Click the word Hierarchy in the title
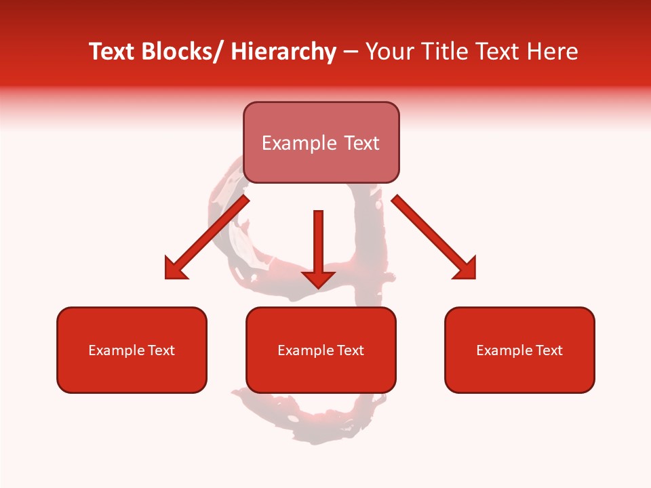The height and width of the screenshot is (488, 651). (283, 52)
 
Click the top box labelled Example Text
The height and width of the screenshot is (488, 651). (321, 142)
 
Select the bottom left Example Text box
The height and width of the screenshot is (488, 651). (132, 350)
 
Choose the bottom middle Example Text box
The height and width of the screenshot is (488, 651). (321, 350)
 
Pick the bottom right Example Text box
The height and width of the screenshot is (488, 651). (519, 350)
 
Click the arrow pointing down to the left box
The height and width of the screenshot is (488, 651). (207, 238)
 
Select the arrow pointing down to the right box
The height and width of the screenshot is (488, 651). (434, 237)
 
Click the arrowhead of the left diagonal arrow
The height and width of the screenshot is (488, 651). (174, 269)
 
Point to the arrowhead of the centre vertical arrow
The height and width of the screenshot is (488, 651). (318, 279)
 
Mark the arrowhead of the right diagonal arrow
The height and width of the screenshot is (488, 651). (466, 268)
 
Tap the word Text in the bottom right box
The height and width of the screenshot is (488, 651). (550, 350)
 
